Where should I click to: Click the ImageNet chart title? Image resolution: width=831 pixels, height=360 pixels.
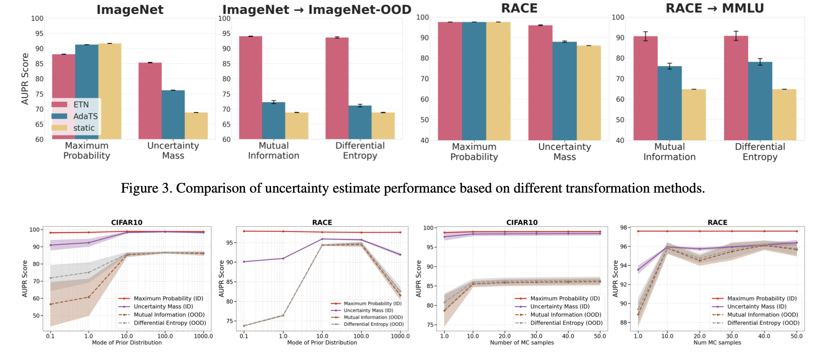pyautogui.click(x=130, y=10)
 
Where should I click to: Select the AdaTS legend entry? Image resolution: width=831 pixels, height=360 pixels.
pyautogui.click(x=85, y=116)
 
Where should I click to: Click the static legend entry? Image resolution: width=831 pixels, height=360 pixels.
pyautogui.click(x=84, y=128)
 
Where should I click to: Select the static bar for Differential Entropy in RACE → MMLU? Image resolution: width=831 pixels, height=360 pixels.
pyautogui.click(x=784, y=115)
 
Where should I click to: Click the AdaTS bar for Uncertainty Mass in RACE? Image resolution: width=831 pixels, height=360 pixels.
pyautogui.click(x=565, y=91)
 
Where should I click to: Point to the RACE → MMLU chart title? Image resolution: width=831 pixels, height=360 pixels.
pyautogui.click(x=715, y=8)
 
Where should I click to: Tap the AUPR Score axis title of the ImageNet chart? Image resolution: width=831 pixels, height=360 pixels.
pyautogui.click(x=25, y=79)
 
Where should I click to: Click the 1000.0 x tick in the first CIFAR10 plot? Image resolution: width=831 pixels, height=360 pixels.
pyautogui.click(x=203, y=336)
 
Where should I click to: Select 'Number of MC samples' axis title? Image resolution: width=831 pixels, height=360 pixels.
pyautogui.click(x=522, y=343)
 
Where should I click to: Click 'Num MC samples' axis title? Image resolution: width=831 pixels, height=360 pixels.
pyautogui.click(x=717, y=343)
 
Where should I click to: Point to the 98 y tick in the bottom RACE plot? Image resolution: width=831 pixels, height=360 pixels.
pyautogui.click(x=623, y=228)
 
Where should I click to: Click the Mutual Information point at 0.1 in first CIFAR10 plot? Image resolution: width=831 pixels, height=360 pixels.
pyautogui.click(x=50, y=304)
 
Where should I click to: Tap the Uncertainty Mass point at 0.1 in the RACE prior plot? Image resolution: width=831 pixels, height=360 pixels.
pyautogui.click(x=244, y=262)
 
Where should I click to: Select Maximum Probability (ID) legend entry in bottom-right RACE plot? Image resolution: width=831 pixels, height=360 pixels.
pyautogui.click(x=762, y=298)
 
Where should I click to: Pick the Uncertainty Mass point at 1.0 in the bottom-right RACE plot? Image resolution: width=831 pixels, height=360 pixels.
pyautogui.click(x=638, y=270)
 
